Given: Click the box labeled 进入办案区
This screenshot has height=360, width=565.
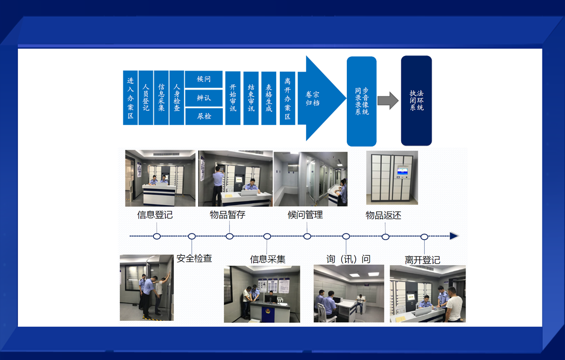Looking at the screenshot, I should click(x=130, y=98).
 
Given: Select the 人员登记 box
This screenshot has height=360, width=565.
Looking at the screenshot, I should click(x=146, y=98).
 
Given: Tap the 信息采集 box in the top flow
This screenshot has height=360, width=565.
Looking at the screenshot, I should click(x=161, y=98).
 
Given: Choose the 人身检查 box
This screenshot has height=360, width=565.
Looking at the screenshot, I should click(x=177, y=98).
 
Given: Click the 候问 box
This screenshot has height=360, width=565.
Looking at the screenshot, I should click(x=204, y=79).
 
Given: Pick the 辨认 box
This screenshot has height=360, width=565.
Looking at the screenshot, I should click(x=204, y=98).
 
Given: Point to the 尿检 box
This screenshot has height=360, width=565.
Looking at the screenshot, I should click(x=204, y=116).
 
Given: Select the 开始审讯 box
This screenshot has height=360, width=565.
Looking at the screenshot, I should click(x=233, y=98).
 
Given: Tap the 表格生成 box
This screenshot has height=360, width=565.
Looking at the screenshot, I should click(x=269, y=98).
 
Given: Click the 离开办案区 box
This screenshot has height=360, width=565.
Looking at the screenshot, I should click(x=287, y=98).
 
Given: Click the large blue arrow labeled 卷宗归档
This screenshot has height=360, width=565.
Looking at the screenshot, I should click(x=317, y=98).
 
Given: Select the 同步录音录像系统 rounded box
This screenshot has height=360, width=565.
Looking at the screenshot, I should click(x=361, y=101).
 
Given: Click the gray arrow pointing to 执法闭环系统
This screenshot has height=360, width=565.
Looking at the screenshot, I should click(x=388, y=100).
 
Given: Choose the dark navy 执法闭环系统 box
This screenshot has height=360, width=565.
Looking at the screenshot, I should click(x=416, y=100).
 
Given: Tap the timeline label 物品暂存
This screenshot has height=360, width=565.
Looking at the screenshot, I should click(x=228, y=215).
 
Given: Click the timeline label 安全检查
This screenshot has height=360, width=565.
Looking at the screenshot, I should click(x=194, y=258).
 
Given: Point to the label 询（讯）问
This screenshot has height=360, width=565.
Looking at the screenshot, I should click(x=348, y=259).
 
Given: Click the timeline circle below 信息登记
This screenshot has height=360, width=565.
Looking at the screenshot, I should click(x=157, y=237).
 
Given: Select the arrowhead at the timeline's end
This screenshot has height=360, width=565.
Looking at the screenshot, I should click(x=454, y=236).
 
